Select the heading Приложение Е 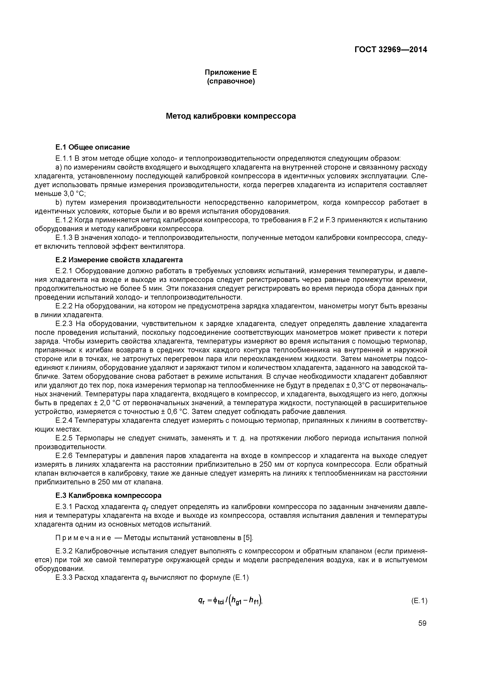click(231, 72)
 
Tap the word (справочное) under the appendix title click(231, 81)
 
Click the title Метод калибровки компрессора click(231, 116)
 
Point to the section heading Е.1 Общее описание click(93, 147)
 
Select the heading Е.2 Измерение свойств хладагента click(119, 260)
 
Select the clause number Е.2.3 click(64, 324)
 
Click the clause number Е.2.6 click(64, 456)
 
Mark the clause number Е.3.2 click(64, 551)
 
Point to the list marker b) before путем click(58, 203)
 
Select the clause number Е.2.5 click(64, 438)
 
